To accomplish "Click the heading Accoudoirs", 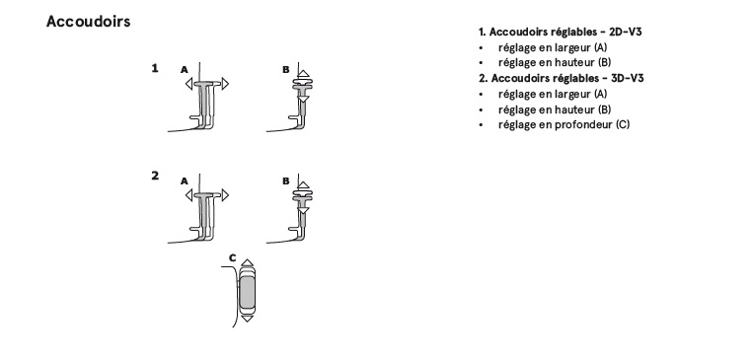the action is tap(88, 22).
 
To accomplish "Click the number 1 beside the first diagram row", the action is tap(155, 68).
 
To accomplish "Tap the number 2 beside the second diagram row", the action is tap(155, 176).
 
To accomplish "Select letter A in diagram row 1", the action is tap(184, 70).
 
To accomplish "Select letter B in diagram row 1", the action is tap(286, 70).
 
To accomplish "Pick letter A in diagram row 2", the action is tap(184, 181).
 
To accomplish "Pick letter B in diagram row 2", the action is tap(286, 181).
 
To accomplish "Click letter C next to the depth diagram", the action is tap(233, 258).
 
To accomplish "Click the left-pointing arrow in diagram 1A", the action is tap(188, 84).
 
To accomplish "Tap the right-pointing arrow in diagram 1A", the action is tap(225, 84).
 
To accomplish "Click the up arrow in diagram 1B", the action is tap(304, 74).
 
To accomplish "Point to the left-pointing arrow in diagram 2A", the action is tap(188, 195).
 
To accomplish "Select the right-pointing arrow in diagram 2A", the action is tap(225, 195).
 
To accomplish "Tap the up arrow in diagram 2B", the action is tap(304, 185).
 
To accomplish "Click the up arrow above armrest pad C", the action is tap(247, 262).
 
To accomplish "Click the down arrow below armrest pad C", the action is tap(247, 319).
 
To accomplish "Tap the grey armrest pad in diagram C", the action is tap(247, 292).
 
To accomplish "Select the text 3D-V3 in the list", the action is tap(627, 78).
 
